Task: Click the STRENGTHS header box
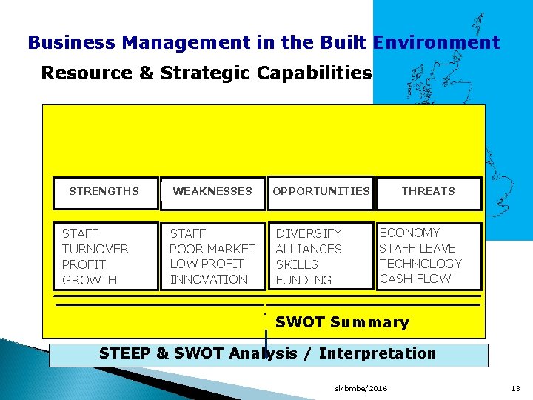104,192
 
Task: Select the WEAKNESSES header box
212,192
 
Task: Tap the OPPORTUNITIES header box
321,192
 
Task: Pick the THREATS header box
428,192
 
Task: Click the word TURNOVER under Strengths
95,249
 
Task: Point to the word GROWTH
90,280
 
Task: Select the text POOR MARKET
212,249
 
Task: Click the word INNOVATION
209,279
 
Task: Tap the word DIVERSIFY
309,233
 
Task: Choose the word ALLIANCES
309,249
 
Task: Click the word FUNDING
304,280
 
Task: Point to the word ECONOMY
409,233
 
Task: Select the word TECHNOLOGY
420,264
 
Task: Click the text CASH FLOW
415,279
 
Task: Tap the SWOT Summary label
342,322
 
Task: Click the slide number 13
516,388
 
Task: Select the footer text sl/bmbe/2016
361,388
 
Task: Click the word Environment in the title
437,42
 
